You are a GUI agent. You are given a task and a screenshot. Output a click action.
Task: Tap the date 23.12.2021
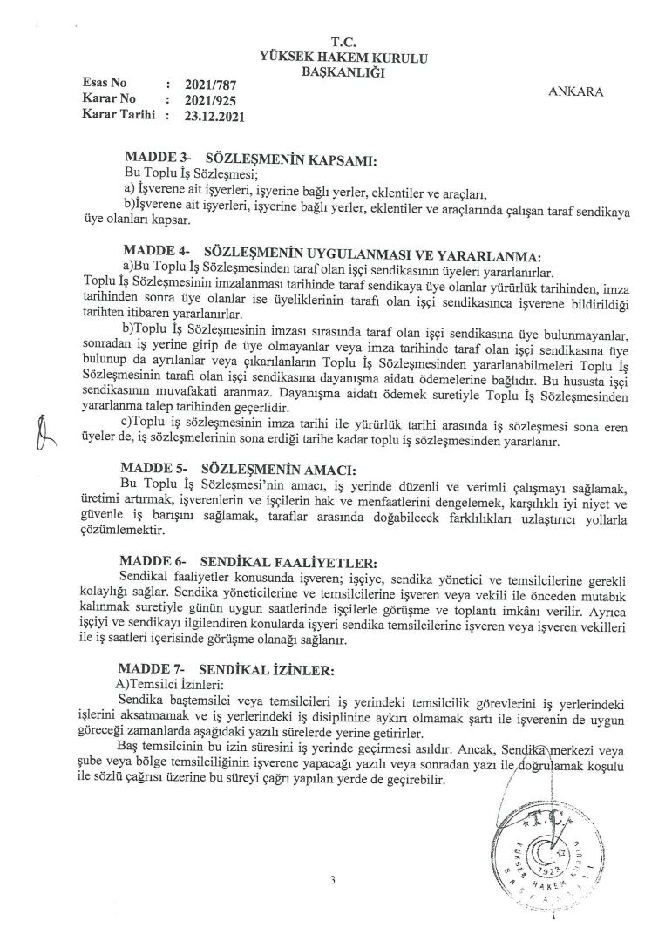click(211, 114)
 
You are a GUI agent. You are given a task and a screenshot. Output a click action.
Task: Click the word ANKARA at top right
click(577, 91)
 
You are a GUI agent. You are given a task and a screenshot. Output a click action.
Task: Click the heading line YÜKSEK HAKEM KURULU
click(343, 56)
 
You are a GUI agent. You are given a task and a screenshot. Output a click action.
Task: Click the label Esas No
click(104, 83)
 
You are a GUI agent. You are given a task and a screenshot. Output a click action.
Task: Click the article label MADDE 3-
click(158, 160)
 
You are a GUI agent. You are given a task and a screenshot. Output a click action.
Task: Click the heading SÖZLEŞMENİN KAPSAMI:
click(290, 160)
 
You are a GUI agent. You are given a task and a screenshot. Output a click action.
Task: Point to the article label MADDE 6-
click(158, 563)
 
